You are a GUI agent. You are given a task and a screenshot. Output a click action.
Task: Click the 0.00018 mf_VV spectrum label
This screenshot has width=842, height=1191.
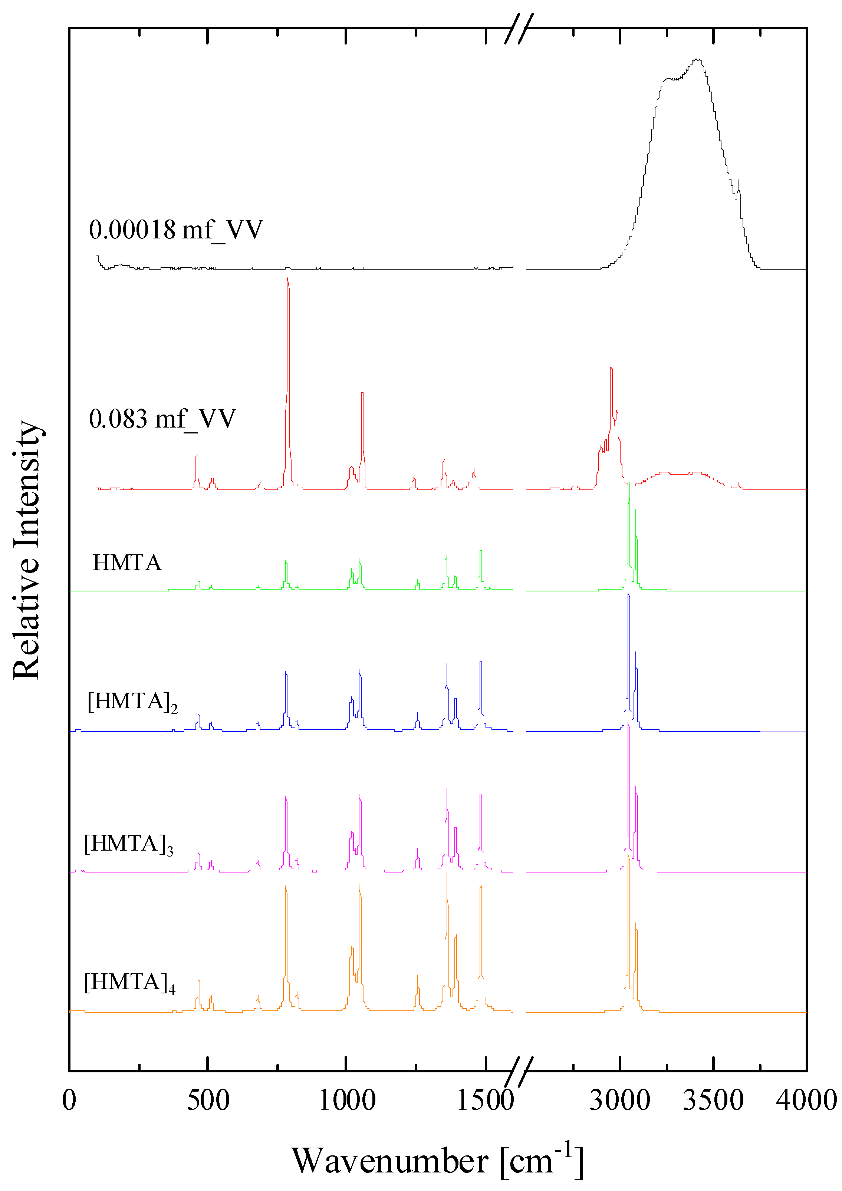(x=175, y=230)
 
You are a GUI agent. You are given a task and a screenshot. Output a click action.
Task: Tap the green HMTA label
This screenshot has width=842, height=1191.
(x=127, y=563)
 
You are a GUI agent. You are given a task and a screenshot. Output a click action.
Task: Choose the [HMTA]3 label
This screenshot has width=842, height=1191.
(x=128, y=844)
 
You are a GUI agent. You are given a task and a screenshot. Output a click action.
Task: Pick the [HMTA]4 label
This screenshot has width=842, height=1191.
(x=129, y=983)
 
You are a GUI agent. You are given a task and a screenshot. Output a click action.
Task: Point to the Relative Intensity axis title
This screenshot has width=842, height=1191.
(x=27, y=550)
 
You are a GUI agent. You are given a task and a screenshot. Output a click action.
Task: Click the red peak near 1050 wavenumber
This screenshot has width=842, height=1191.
(x=362, y=393)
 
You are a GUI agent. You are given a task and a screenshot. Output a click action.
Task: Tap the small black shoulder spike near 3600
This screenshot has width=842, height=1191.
(x=738, y=182)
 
